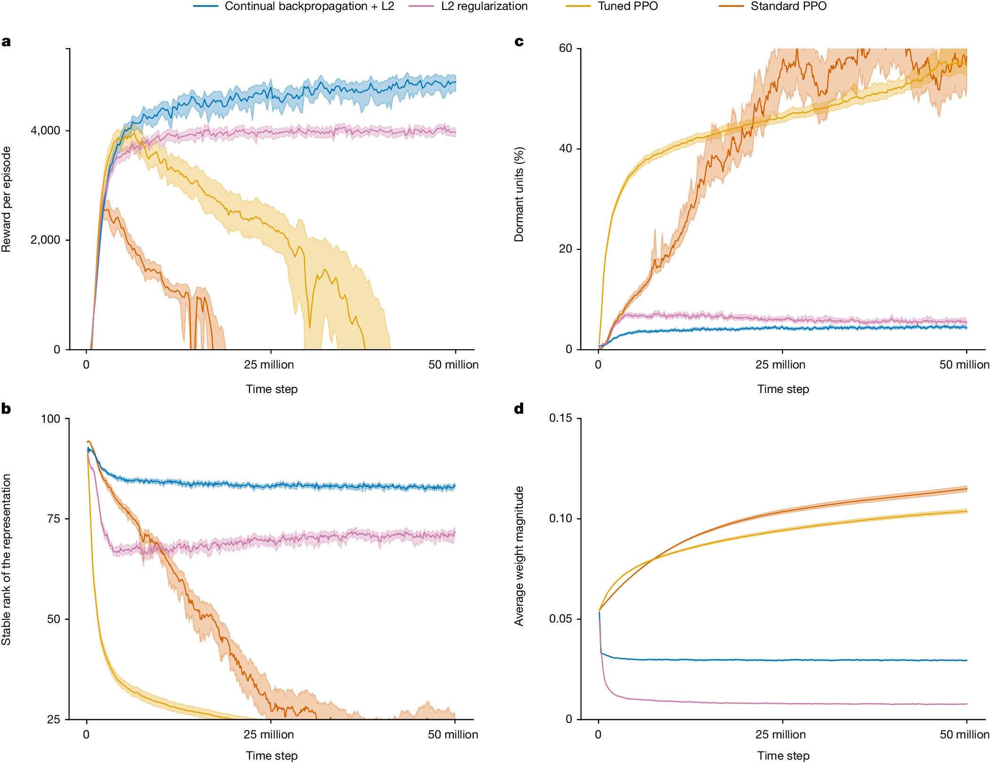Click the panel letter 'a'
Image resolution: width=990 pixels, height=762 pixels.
coord(6,42)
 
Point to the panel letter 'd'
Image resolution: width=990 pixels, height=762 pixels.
coord(519,409)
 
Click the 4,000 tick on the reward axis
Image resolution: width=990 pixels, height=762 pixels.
coord(45,131)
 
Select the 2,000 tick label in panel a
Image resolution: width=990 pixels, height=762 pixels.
coord(45,240)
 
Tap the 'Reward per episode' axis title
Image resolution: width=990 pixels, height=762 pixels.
coord(6,199)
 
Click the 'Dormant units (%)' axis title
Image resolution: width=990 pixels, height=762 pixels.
coord(519,194)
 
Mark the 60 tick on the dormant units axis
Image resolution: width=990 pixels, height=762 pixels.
coord(565,48)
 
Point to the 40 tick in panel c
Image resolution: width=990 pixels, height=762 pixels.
coord(565,148)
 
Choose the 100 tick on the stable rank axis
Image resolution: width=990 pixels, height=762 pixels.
coord(50,418)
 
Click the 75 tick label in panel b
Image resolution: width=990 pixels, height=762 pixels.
coord(54,519)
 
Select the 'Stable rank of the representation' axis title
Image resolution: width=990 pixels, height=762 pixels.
coord(6,559)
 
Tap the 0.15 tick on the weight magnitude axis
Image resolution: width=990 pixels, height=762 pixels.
coord(561,418)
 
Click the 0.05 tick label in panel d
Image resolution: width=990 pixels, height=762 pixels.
coord(561,619)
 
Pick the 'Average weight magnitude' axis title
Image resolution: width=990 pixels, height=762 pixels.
coord(519,556)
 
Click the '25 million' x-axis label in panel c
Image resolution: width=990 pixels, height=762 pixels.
coord(780,365)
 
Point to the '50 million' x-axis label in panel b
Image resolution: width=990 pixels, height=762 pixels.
coord(453,735)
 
